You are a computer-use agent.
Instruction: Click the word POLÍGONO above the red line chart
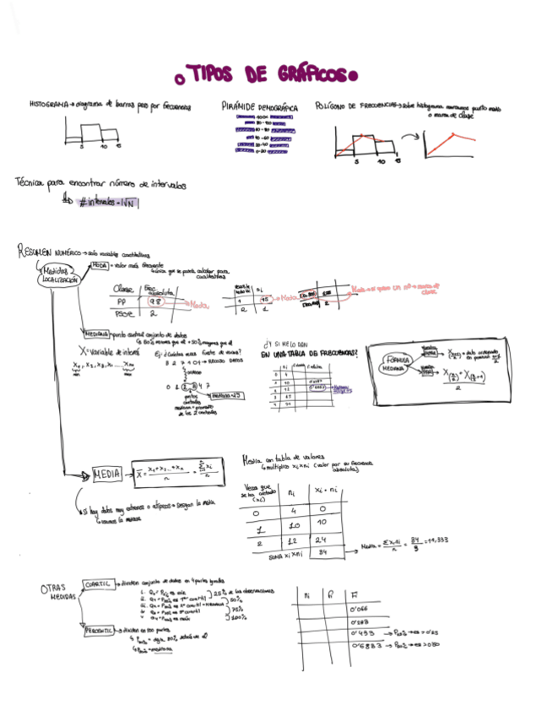332,106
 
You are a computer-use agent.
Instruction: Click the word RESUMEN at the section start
35,252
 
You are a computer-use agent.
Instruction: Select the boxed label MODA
100,264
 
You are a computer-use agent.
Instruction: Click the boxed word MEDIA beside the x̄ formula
108,474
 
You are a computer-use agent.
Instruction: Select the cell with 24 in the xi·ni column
322,540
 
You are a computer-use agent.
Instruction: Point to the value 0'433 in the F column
361,632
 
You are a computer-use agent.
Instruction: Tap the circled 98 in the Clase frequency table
155,301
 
